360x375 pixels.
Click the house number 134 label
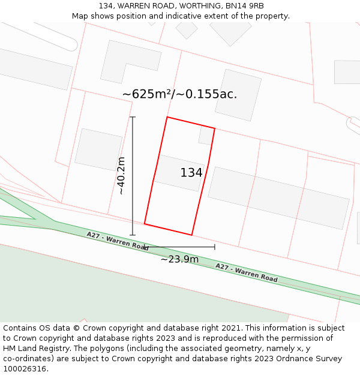pos(191,173)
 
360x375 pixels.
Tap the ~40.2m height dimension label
pos(121,176)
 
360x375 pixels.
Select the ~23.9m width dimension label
pos(179,259)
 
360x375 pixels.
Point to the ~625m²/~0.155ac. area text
pos(179,94)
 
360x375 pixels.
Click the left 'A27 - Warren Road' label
pos(118,241)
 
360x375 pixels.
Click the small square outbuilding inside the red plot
pos(206,136)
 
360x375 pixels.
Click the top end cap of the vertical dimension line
pos(133,117)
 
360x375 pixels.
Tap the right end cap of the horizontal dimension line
pos(215,247)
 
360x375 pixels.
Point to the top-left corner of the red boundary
pos(167,118)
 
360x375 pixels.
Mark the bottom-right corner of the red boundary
pos(191,235)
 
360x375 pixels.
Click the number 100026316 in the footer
pos(25,369)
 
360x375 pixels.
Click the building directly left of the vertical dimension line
pos(98,149)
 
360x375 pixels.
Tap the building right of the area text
pos(238,95)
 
